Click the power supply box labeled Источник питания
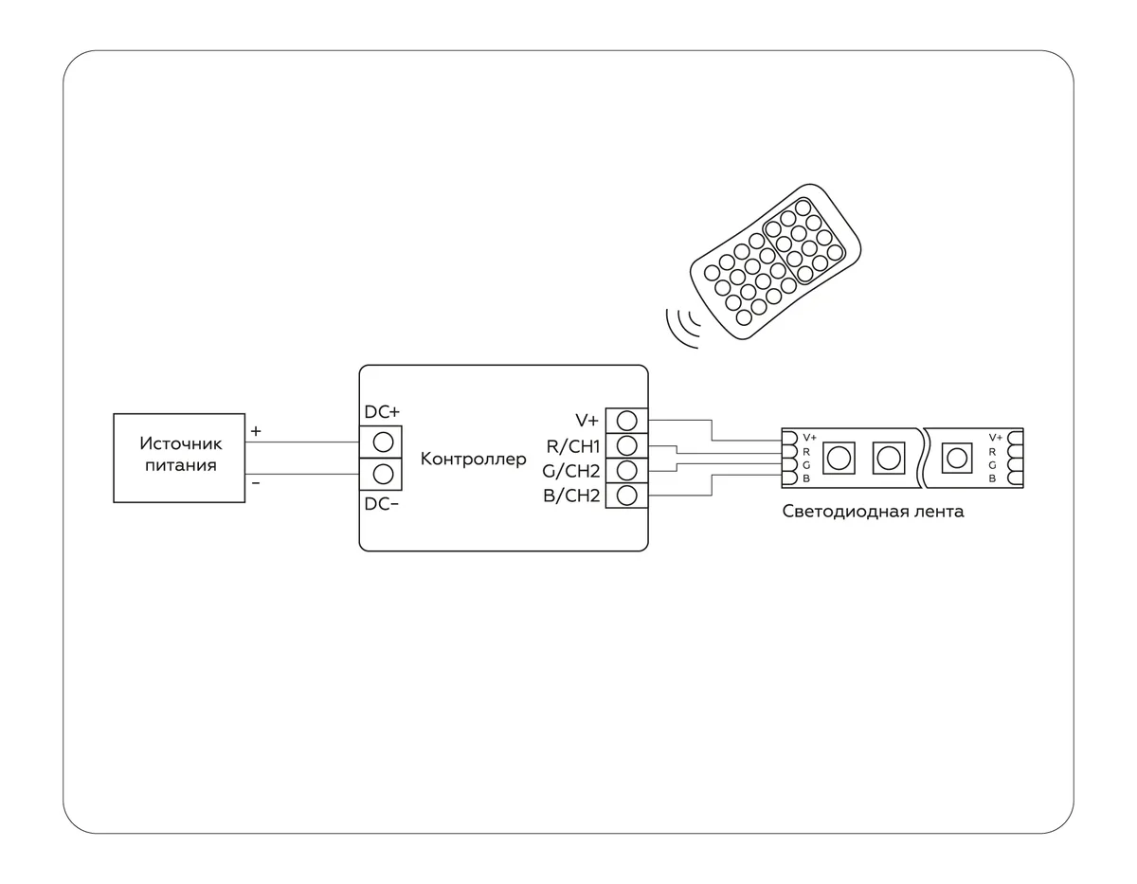tap(179, 458)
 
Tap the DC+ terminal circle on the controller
tap(383, 442)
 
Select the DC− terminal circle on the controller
tap(383, 475)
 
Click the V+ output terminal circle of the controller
tap(627, 421)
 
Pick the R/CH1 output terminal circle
tap(627, 445)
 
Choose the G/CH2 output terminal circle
tap(627, 471)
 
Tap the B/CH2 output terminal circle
tap(627, 496)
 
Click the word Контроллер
tap(473, 459)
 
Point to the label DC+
tap(382, 412)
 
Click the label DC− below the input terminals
tap(382, 504)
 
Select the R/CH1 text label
tap(573, 446)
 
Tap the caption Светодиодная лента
tap(873, 511)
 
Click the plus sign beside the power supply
tap(256, 431)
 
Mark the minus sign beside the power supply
tap(256, 483)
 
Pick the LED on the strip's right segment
tap(957, 459)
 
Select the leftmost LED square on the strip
tap(839, 459)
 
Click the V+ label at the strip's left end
tap(809, 438)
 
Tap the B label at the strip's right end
tap(992, 478)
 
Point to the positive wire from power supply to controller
tap(302, 442)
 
